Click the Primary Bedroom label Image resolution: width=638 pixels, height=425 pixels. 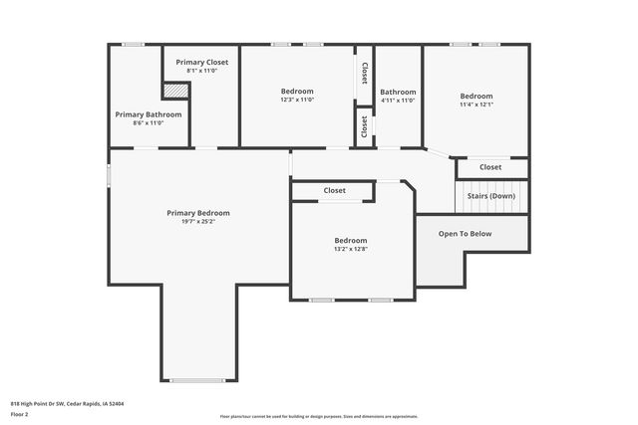point(198,213)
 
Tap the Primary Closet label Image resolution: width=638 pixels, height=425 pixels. point(202,63)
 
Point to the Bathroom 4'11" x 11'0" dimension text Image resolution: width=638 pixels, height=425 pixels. point(398,101)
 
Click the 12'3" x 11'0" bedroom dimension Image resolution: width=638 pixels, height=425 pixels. point(297,101)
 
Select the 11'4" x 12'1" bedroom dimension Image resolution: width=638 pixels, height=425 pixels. point(477,105)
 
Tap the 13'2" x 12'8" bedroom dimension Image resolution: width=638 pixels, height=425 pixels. point(351,250)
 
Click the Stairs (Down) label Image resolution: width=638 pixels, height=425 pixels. point(491,196)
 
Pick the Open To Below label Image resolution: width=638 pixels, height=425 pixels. point(466,234)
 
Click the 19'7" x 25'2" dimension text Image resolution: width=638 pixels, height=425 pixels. point(198,222)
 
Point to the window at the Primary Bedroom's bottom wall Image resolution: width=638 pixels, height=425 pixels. point(197,380)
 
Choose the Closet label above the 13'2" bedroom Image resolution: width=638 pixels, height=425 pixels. point(334,190)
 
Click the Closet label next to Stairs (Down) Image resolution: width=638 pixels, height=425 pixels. point(490,167)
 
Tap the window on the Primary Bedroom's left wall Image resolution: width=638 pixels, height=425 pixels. point(110,174)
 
